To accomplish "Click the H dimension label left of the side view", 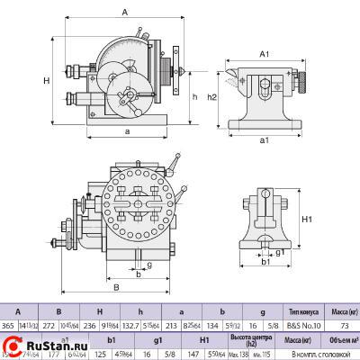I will (45, 81).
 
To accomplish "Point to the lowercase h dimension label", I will (195, 95).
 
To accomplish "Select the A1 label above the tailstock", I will (264, 54).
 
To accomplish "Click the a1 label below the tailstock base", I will (264, 140).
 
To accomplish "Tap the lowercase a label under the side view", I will (127, 131).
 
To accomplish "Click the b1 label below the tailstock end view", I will (265, 263).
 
